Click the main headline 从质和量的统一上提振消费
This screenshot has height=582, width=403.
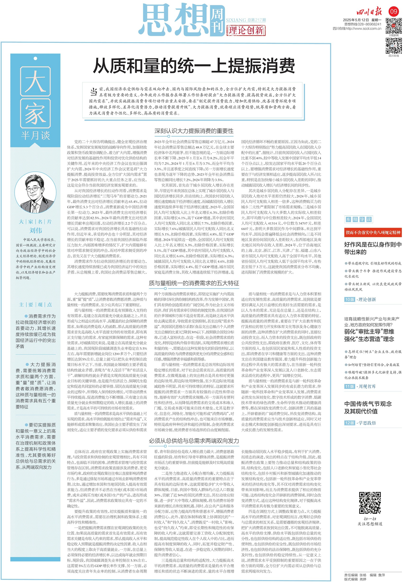(194, 66)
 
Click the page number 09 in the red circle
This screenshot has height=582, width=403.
(394, 11)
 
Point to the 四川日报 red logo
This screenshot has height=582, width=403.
(369, 12)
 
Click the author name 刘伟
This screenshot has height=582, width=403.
(36, 230)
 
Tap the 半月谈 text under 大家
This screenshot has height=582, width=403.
(35, 136)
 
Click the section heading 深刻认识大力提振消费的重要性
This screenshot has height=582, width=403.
(194, 131)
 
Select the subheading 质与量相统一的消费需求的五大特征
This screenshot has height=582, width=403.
(194, 283)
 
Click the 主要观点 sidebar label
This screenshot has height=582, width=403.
(36, 305)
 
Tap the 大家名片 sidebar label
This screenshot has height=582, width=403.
(36, 222)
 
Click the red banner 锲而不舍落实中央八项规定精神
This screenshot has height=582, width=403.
(373, 232)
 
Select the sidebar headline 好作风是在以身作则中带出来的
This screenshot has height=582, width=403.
(373, 248)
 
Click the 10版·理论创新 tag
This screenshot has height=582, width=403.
(360, 299)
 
